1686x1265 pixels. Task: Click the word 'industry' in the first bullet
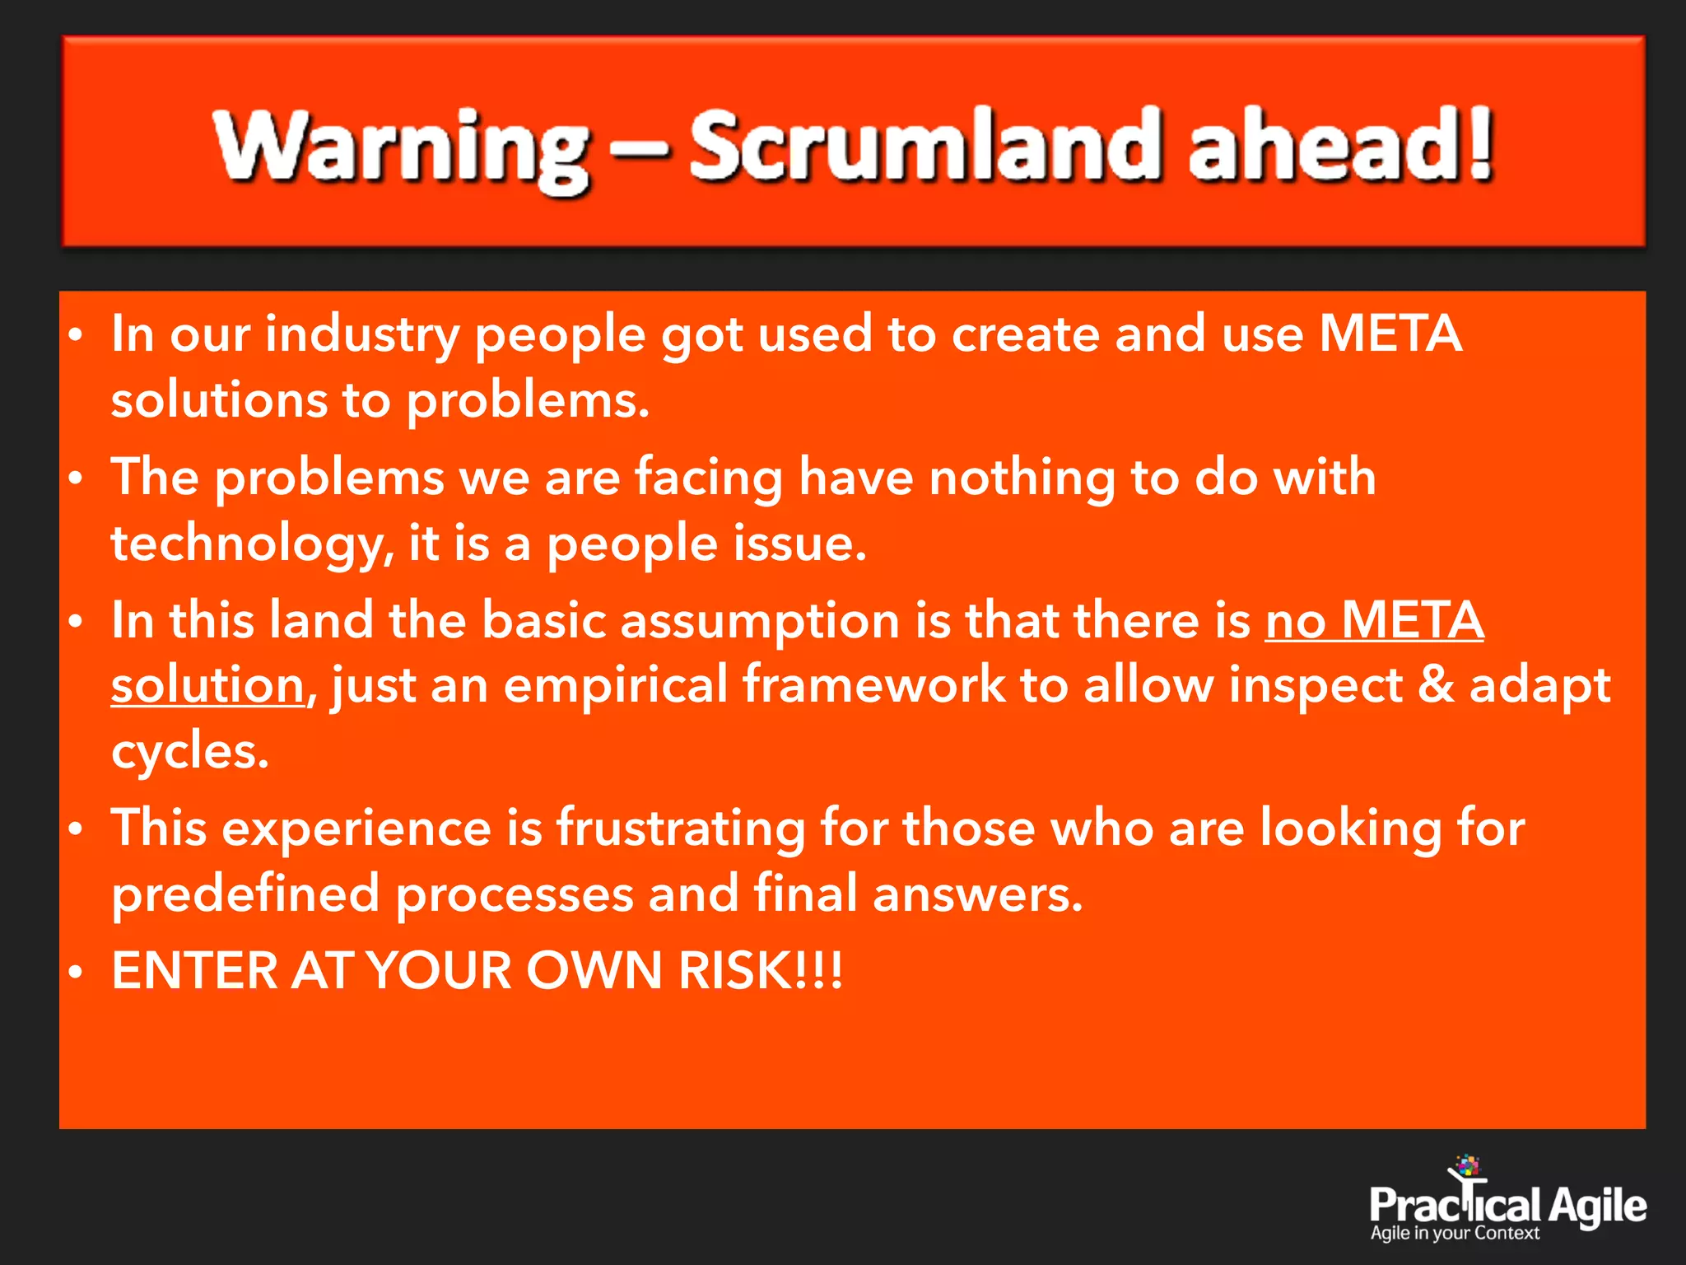coord(362,336)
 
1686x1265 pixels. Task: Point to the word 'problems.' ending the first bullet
coord(528,402)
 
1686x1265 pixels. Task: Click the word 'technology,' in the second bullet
coord(252,545)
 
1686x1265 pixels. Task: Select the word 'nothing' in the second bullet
coord(1022,478)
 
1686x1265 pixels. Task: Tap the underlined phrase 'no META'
coord(1374,620)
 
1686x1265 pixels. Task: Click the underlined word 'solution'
coord(208,686)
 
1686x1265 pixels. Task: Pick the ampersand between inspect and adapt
coord(1435,685)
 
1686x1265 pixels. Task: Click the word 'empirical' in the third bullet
coord(616,685)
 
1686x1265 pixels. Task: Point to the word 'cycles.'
coord(190,751)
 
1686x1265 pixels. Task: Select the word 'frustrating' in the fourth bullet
coord(681,829)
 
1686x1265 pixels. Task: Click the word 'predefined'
coord(245,895)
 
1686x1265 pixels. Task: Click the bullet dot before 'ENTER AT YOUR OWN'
coord(76,973)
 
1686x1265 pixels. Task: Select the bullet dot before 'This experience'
coord(76,830)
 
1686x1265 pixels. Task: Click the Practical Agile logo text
coord(1507,1206)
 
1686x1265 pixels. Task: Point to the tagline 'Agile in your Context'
coord(1455,1234)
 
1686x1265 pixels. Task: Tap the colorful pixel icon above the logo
coord(1467,1165)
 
